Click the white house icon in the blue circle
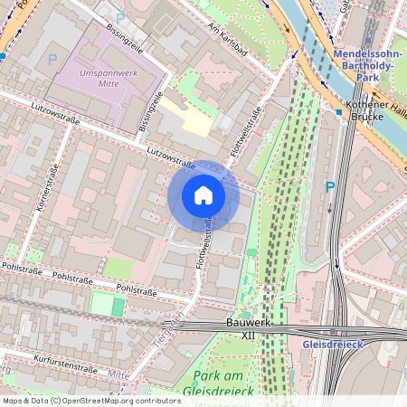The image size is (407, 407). pyautogui.click(x=203, y=195)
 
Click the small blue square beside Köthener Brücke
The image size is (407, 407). pyautogui.click(x=338, y=112)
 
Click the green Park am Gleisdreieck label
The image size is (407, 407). pyautogui.click(x=222, y=383)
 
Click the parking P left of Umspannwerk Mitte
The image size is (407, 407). pyautogui.click(x=52, y=59)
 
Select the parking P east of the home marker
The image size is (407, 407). pyautogui.click(x=329, y=187)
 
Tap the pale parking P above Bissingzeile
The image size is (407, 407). pyautogui.click(x=120, y=17)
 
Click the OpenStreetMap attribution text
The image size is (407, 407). pyautogui.click(x=91, y=400)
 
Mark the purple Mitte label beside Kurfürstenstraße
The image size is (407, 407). pyautogui.click(x=118, y=373)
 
